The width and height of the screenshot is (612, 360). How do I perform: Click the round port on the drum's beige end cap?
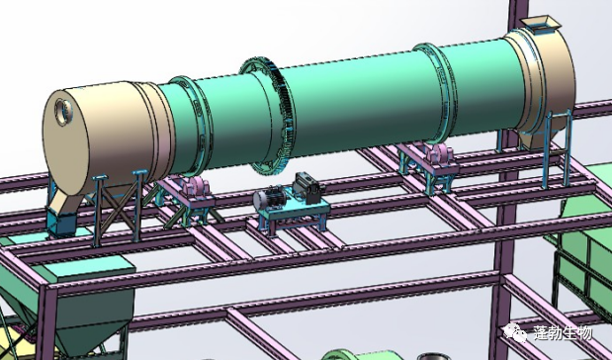tap(63, 112)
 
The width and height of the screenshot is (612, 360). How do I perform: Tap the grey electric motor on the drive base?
tap(269, 198)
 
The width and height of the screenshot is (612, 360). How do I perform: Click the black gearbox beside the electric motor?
tap(308, 188)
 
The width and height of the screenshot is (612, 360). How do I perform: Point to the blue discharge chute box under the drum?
tap(61, 225)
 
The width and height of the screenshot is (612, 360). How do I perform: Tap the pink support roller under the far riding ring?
tap(440, 152)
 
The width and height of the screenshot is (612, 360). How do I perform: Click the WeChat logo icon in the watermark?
tap(515, 333)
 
